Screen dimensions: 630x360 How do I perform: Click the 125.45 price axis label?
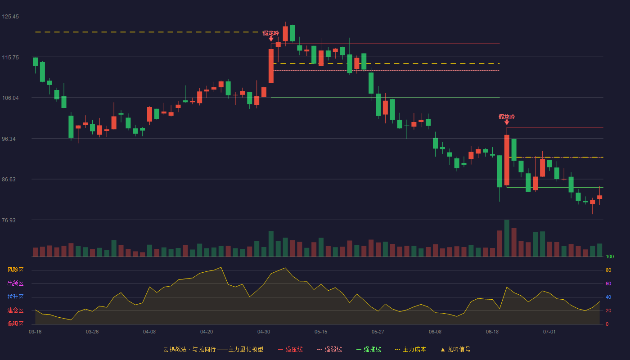tap(10, 17)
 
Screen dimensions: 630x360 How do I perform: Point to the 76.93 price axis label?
tap(9, 220)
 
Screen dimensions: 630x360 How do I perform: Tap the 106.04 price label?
tap(10, 98)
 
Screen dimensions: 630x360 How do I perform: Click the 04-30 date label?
tap(264, 332)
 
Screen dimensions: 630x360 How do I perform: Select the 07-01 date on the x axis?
tap(549, 332)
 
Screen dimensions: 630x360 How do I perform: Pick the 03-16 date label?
tap(35, 332)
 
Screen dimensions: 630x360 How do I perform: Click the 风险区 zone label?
tap(15, 270)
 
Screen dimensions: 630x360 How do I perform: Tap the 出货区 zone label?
tap(15, 283)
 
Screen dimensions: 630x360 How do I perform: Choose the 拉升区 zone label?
tap(15, 297)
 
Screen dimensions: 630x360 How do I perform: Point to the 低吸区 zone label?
tap(15, 324)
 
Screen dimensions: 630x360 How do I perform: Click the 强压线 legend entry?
tap(290, 349)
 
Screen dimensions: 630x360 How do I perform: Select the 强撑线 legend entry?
tap(369, 349)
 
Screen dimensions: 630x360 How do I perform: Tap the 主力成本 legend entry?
tap(410, 349)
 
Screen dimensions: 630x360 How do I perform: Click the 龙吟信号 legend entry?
tap(455, 349)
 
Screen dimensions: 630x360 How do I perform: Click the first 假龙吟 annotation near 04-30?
tap(270, 33)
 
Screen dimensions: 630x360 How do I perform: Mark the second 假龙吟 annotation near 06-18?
tap(507, 117)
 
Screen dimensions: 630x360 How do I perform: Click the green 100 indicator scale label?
tap(610, 256)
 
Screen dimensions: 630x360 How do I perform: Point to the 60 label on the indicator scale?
tap(608, 283)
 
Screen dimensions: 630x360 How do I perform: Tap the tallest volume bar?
tap(507, 238)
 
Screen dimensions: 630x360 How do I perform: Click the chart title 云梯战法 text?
tap(175, 349)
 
